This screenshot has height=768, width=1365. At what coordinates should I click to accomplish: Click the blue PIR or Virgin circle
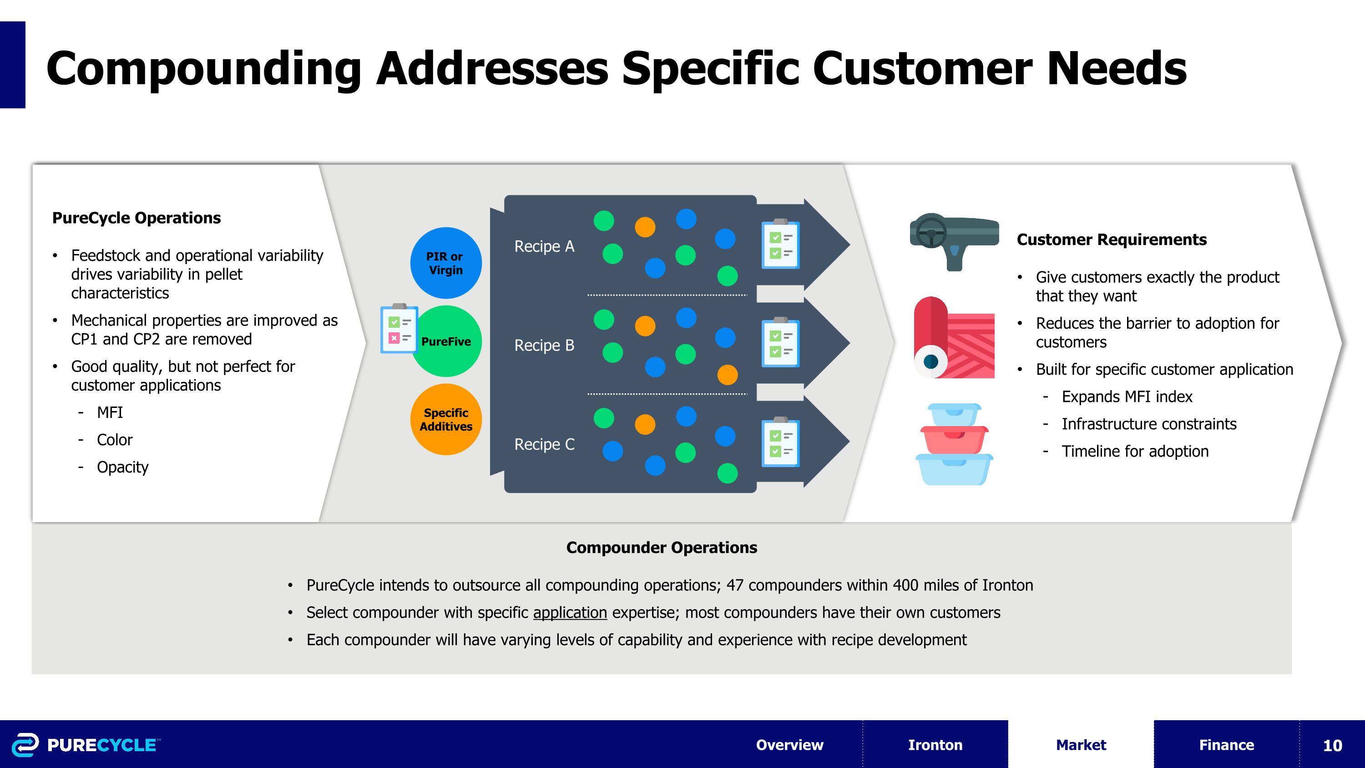coord(445,263)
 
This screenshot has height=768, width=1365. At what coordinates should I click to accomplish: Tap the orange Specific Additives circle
coord(445,419)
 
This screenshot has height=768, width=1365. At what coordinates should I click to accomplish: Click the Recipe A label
coord(544,246)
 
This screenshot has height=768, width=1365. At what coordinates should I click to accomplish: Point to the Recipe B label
coord(544,346)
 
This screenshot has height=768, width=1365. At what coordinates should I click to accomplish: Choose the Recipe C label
coord(544,444)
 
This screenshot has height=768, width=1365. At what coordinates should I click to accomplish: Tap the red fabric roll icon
coord(953,338)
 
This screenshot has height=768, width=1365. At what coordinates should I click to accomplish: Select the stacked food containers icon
coord(953,444)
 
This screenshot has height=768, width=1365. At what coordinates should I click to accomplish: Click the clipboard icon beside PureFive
coord(399,329)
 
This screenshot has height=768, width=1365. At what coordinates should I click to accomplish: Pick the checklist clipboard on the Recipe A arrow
coord(780,244)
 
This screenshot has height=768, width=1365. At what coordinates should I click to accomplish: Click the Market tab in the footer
coord(1081,745)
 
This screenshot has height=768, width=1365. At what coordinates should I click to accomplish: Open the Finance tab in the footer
coord(1226,745)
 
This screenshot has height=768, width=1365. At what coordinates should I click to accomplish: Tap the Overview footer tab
coord(789,745)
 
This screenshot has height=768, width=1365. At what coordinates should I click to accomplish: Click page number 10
coord(1332,745)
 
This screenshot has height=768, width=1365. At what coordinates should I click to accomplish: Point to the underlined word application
coord(570,613)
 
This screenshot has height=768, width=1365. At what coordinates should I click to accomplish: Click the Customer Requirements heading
coord(1111,239)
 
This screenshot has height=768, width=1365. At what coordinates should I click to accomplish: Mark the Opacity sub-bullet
coord(122,468)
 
